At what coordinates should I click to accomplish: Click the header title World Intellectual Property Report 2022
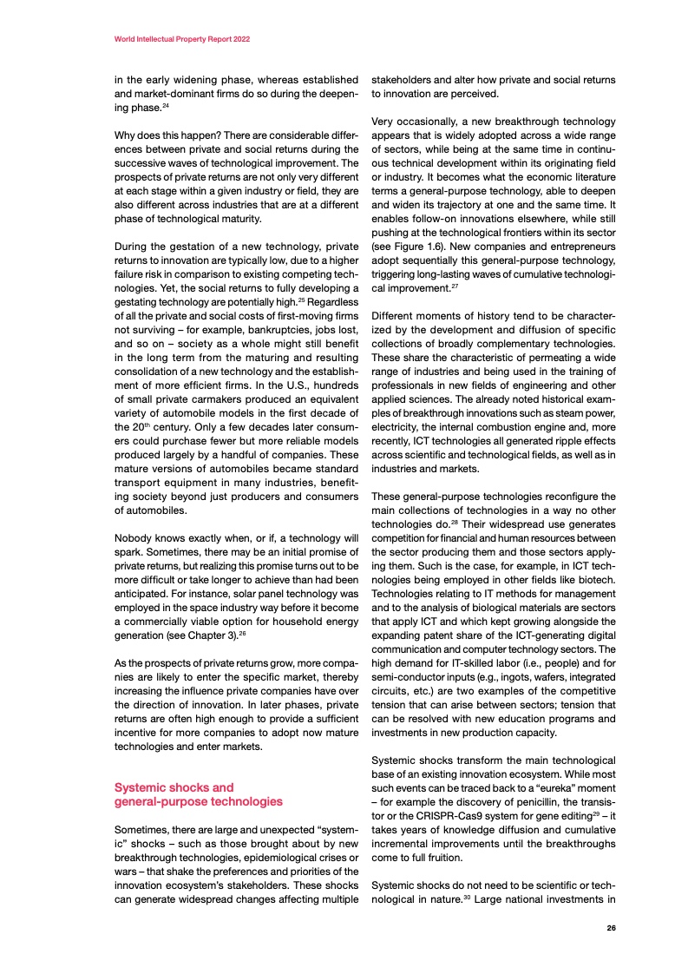(x=183, y=40)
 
